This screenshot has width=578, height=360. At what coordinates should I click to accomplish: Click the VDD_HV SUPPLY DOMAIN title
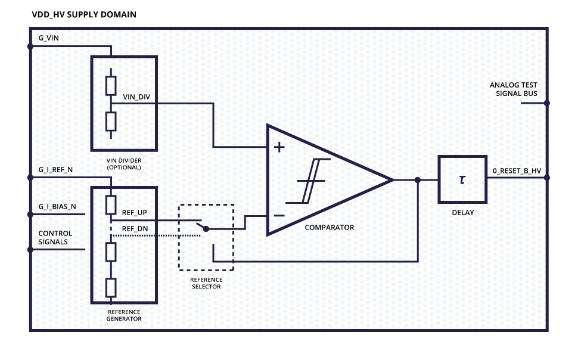click(84, 14)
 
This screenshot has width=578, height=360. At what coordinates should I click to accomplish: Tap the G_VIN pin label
click(49, 38)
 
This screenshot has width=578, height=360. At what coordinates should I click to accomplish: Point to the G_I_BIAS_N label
click(57, 207)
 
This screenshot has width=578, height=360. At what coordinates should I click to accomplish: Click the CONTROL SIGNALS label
click(55, 237)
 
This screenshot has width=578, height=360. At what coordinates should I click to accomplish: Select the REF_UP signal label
click(134, 212)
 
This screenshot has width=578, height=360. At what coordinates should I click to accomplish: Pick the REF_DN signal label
click(134, 228)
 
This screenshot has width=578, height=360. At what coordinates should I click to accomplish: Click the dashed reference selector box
click(206, 237)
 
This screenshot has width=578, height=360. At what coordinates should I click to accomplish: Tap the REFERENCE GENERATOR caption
click(124, 315)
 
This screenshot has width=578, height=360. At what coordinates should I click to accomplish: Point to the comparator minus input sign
click(279, 215)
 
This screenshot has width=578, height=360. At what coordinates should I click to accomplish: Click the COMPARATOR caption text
click(329, 228)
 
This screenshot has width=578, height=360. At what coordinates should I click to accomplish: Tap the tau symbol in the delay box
click(462, 179)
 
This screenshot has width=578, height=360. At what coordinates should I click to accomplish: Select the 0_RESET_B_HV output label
click(516, 172)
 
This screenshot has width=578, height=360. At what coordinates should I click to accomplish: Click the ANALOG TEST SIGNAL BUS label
click(513, 89)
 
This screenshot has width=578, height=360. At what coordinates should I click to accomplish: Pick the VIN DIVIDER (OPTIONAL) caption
click(124, 164)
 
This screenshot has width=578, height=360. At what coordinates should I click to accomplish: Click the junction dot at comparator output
click(418, 180)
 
